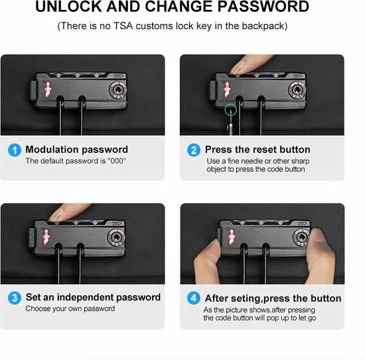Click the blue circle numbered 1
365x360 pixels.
15,150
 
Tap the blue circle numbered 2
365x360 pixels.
194,150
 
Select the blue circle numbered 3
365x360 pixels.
15,298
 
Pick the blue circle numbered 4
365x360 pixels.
194,298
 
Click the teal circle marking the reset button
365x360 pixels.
231,110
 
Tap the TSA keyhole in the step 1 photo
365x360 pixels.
118,90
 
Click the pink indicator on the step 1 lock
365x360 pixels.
48,90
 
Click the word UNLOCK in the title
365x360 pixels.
68,7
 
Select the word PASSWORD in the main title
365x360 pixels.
263,7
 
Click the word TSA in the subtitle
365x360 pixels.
123,26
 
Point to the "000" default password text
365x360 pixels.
117,161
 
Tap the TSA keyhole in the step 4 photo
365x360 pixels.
302,237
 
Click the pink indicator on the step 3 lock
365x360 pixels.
46,237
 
